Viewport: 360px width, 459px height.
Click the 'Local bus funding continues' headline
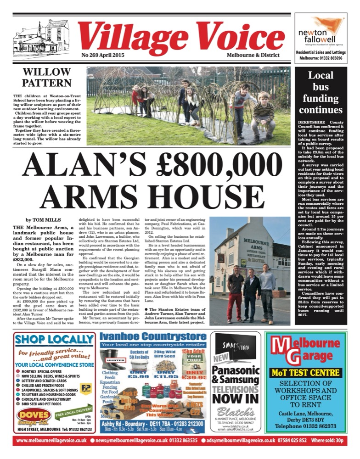point(321,92)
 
